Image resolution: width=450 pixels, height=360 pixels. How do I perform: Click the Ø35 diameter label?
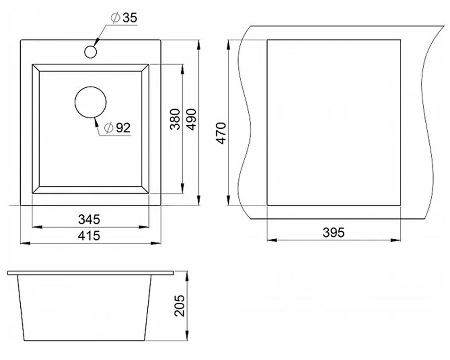pos(124,18)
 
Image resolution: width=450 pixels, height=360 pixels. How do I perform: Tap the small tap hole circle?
pos(91,52)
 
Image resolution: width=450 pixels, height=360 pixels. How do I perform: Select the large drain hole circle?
pos(91,102)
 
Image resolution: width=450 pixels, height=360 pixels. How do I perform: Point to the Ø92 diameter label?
pos(117,128)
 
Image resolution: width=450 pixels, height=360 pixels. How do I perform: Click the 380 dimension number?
pos(175,119)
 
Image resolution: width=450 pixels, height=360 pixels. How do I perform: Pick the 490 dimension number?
pos(191,119)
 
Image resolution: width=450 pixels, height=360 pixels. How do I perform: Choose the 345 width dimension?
pos(89,220)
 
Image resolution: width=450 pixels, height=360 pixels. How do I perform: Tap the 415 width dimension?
pos(89,236)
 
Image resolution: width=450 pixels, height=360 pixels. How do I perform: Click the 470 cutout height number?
pos(222,133)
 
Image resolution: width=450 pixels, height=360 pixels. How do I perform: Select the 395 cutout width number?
pos(333,233)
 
